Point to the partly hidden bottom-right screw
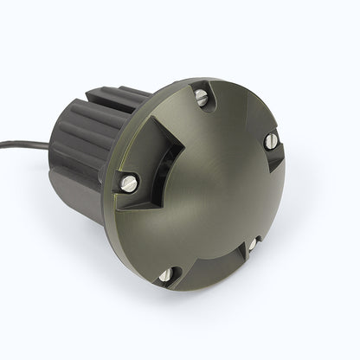252,245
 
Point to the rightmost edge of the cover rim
309,173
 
